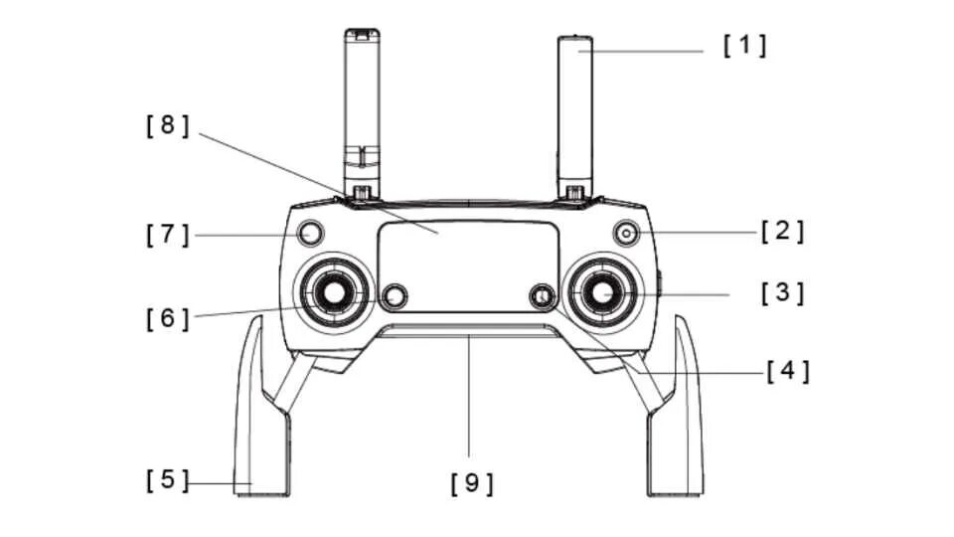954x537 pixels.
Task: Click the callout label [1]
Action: [x=744, y=46]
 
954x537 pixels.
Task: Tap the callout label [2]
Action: [x=782, y=232]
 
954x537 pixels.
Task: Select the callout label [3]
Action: [x=782, y=293]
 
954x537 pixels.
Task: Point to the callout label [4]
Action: [x=787, y=372]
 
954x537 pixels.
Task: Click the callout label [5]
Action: [x=167, y=480]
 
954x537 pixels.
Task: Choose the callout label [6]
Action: [x=167, y=319]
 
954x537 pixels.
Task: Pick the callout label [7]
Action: [x=167, y=234]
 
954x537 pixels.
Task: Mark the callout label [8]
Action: [x=167, y=126]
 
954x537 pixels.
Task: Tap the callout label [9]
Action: [x=471, y=483]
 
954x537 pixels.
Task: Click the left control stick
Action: [x=333, y=292]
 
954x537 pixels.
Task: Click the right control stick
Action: [x=602, y=291]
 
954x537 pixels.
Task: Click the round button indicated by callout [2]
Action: [x=626, y=233]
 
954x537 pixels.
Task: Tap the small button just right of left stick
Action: [x=396, y=295]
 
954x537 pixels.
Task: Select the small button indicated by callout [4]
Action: [x=542, y=295]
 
